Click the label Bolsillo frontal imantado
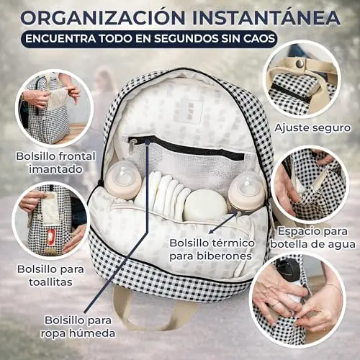click(x=55, y=163)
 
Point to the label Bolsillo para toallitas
click(x=50, y=275)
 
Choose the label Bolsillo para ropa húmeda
click(x=78, y=327)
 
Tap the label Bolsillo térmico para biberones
click(x=212, y=249)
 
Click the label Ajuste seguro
click(x=312, y=127)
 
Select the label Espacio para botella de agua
click(x=312, y=238)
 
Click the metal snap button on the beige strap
click(x=300, y=63)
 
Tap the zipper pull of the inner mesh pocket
click(x=132, y=148)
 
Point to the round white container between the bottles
click(x=206, y=205)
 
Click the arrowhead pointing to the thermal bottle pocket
click(x=211, y=231)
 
